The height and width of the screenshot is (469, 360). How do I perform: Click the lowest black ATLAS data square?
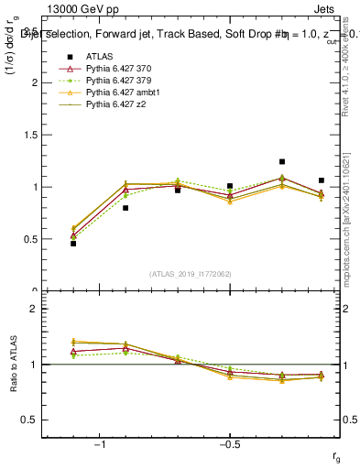tap(73, 243)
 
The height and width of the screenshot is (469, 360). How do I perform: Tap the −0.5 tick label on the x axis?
tap(229, 445)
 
